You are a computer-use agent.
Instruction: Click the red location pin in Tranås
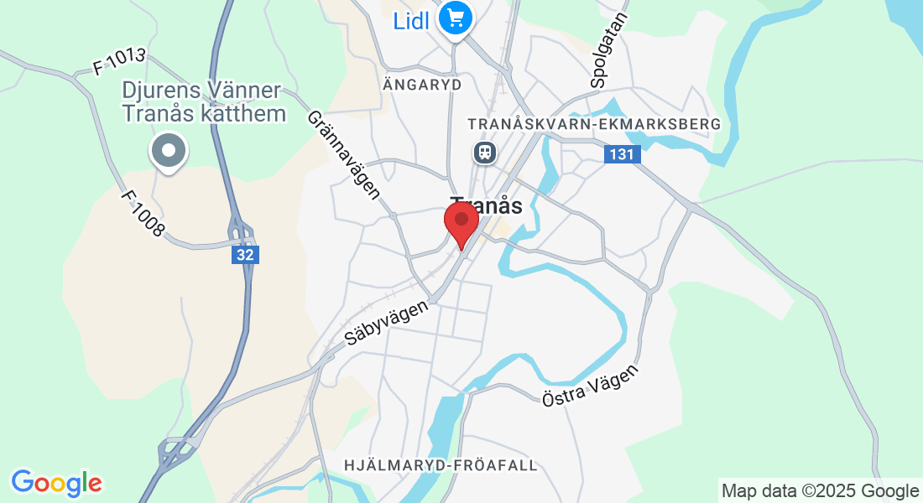click(461, 222)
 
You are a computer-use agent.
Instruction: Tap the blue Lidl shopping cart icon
click(456, 18)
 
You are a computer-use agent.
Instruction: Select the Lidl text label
click(412, 19)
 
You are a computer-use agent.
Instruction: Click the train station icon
click(484, 152)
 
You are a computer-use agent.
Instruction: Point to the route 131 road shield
click(622, 154)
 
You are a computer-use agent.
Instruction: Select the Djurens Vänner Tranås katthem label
click(204, 101)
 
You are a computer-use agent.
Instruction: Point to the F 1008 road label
click(143, 214)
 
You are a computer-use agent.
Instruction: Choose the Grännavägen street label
click(344, 155)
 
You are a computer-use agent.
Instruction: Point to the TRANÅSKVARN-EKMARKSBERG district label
click(594, 124)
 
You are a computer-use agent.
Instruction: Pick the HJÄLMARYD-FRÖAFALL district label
click(441, 465)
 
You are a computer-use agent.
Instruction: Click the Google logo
click(56, 483)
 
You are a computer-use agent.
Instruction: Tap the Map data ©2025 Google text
click(820, 491)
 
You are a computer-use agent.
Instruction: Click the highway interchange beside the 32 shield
click(242, 231)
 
